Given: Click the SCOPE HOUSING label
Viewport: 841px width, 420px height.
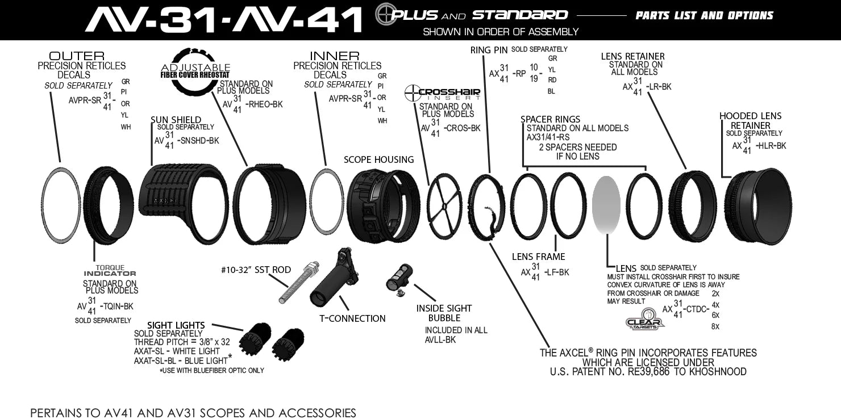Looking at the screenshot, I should pos(378,160).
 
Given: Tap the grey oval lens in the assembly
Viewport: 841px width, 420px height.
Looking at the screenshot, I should pos(606,205).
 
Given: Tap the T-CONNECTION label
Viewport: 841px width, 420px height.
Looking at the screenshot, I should pos(353,318).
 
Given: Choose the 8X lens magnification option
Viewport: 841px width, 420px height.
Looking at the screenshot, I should pos(715,326).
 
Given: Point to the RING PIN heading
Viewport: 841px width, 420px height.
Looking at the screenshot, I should pos(489,51).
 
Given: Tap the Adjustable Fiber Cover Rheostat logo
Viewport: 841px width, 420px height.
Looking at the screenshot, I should pos(195,70).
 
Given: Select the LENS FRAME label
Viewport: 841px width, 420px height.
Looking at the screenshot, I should pos(538,257).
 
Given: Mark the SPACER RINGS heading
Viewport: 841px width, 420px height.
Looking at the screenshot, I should pos(550,119).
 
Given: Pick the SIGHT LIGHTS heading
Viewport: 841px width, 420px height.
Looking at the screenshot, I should pos(176,325).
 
